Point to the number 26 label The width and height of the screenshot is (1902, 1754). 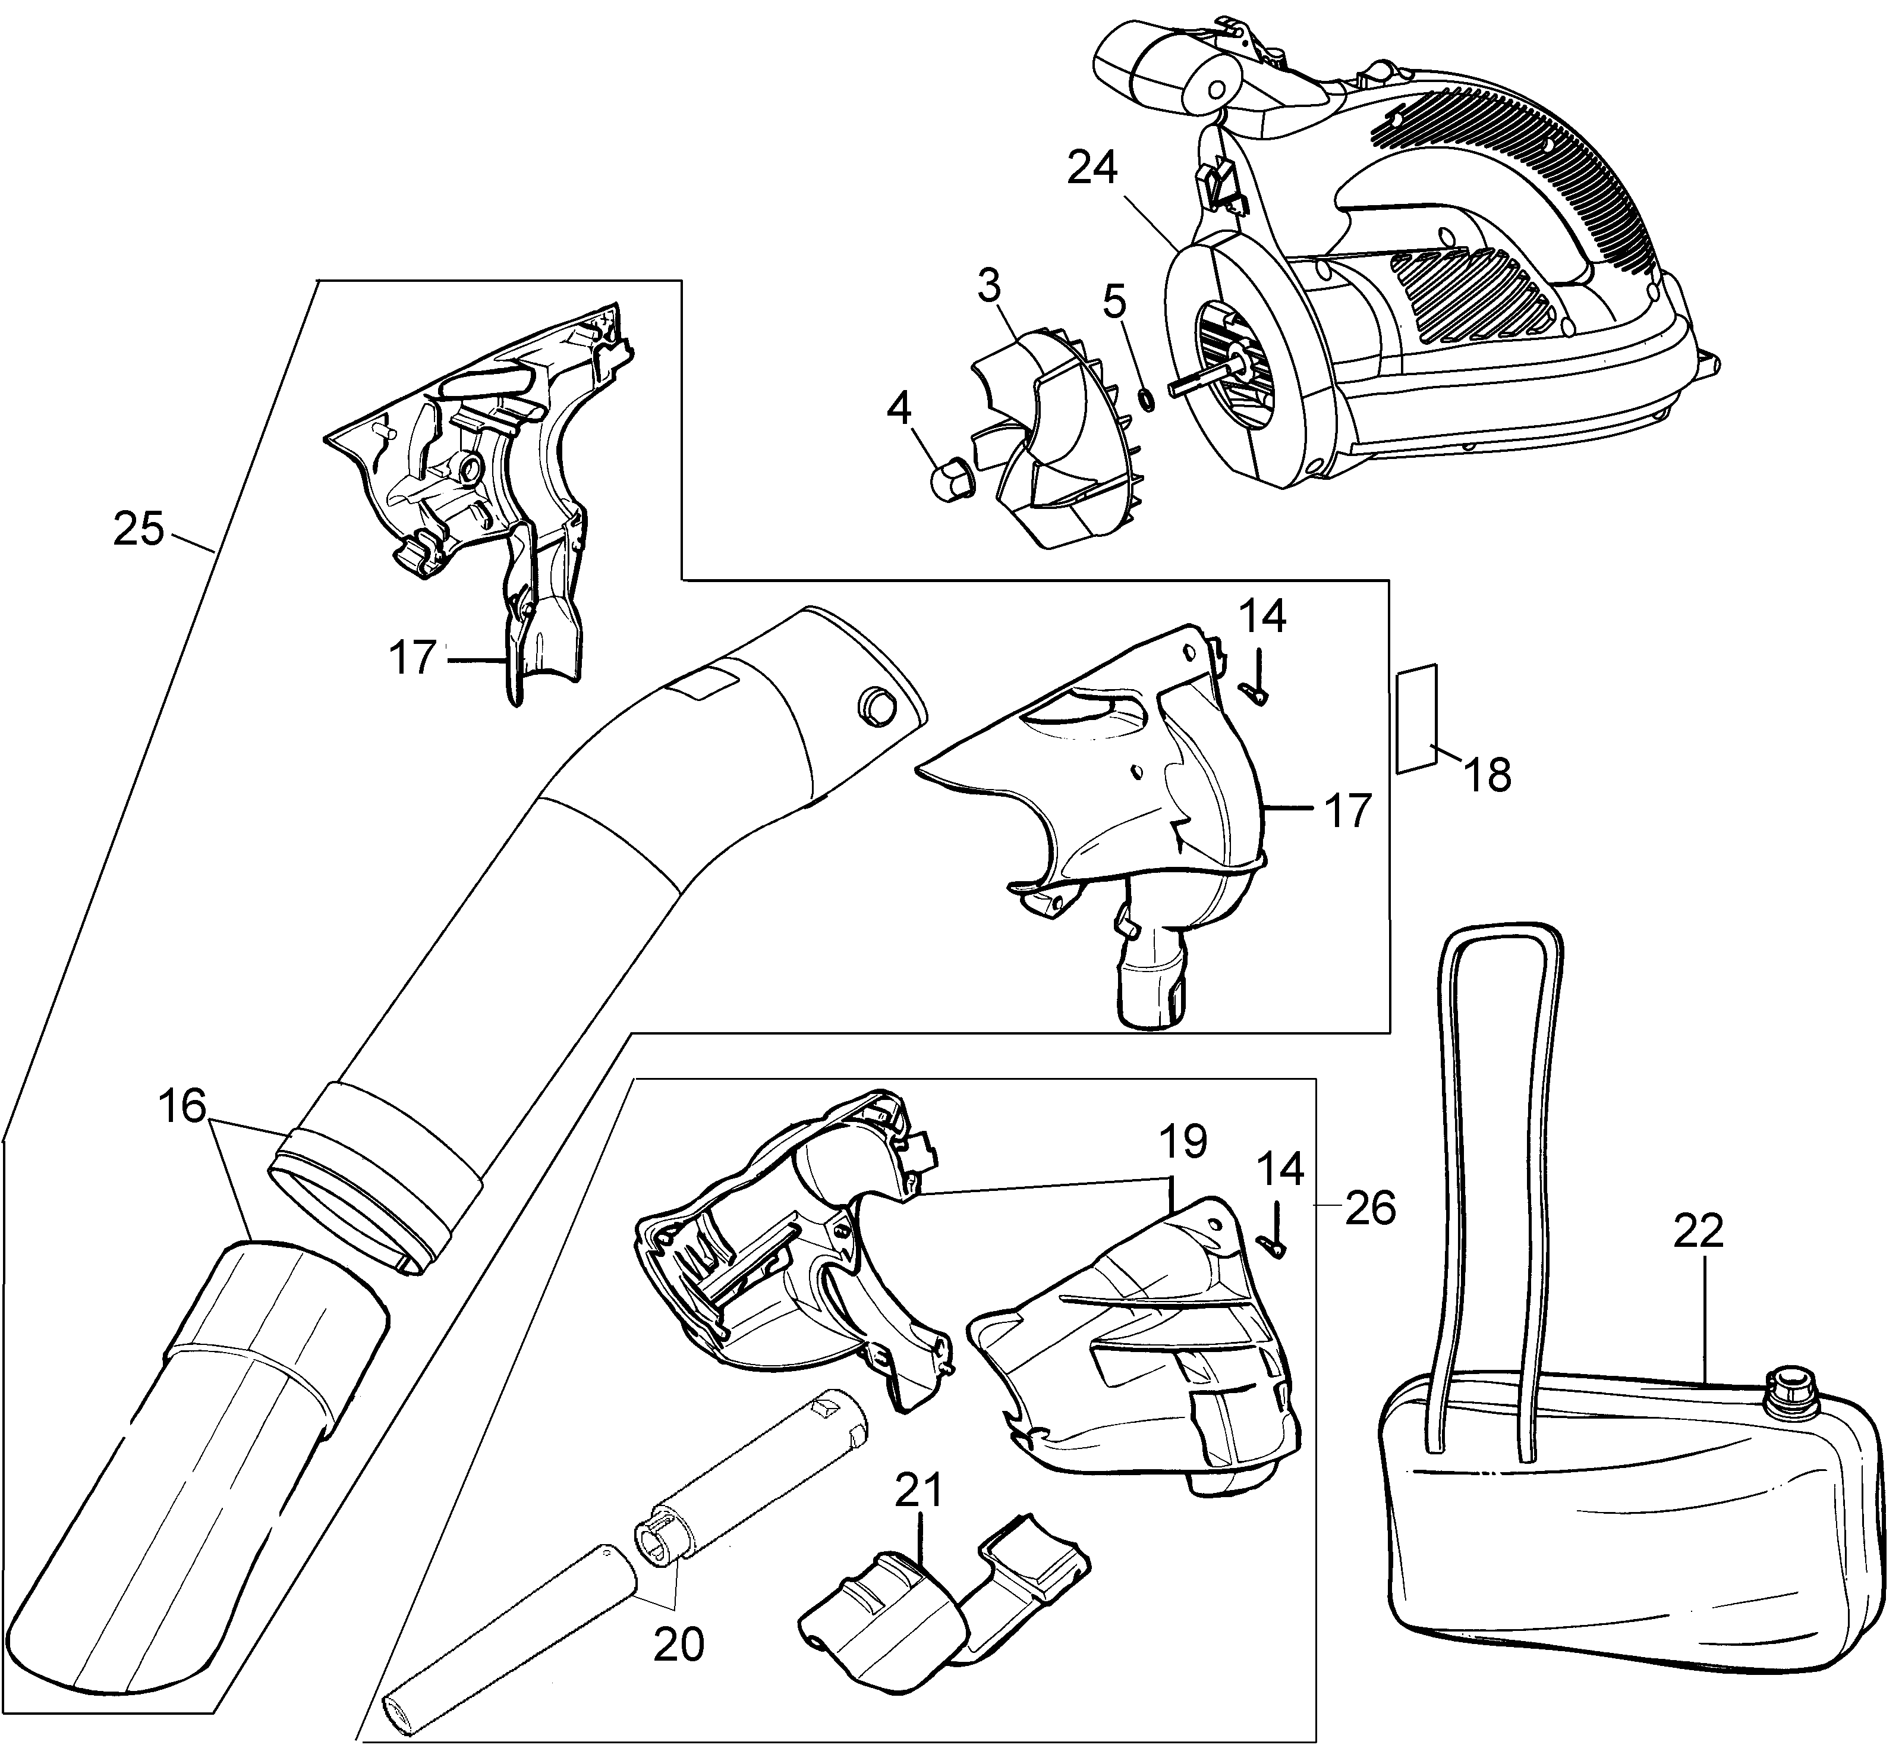pos(1371,1208)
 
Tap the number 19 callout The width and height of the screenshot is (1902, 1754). pos(1182,1142)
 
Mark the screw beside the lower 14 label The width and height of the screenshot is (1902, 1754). pos(1273,1231)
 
